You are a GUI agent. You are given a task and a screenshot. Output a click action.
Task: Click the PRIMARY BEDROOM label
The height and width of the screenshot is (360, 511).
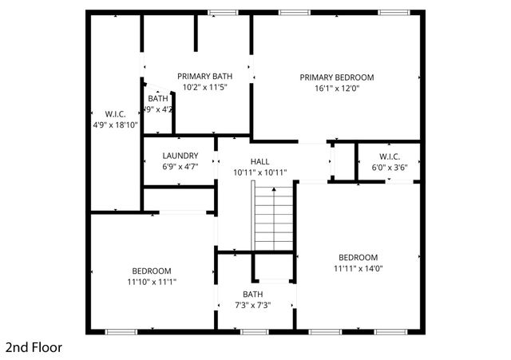pos(336,77)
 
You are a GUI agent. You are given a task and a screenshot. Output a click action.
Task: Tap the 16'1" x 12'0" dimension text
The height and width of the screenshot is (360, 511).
pos(336,89)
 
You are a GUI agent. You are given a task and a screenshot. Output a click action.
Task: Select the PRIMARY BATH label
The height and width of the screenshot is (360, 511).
pos(205,76)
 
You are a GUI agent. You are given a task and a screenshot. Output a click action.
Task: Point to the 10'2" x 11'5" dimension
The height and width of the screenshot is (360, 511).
pos(205,87)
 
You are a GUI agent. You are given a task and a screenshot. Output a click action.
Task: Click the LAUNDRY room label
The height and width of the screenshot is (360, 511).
pos(180,156)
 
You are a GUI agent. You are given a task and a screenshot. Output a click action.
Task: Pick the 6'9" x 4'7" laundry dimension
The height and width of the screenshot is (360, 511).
pos(180,167)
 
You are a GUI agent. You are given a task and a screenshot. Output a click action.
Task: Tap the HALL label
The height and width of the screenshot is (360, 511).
pos(259,160)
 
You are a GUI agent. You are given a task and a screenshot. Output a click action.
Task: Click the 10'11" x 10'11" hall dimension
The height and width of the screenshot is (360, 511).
pos(259,172)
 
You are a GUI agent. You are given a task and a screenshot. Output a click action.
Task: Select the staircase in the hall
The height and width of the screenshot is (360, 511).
pos(274,216)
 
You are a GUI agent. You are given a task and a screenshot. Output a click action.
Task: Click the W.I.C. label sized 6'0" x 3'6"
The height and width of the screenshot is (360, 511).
pos(389,156)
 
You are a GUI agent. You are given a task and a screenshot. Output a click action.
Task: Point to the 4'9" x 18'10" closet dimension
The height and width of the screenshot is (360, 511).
pos(116,125)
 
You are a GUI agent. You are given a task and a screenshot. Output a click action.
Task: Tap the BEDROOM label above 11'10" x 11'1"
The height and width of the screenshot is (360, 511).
pos(151,271)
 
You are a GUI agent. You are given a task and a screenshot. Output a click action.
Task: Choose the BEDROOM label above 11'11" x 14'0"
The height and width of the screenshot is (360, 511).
pos(358,257)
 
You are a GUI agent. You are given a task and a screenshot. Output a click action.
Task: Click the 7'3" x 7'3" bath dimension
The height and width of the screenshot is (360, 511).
pos(252,304)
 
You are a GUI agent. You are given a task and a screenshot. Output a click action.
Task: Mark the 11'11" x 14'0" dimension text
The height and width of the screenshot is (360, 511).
pos(358,268)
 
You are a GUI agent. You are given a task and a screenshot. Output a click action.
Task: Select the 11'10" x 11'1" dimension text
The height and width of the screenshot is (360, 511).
pos(151,282)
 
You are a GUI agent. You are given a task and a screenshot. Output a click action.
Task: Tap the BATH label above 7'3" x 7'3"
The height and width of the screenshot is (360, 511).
pos(252,293)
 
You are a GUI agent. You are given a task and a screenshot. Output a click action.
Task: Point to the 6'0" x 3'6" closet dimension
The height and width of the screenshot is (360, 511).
pos(389,168)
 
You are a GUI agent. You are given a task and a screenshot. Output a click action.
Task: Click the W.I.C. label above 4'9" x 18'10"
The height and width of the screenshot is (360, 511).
pos(116,113)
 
